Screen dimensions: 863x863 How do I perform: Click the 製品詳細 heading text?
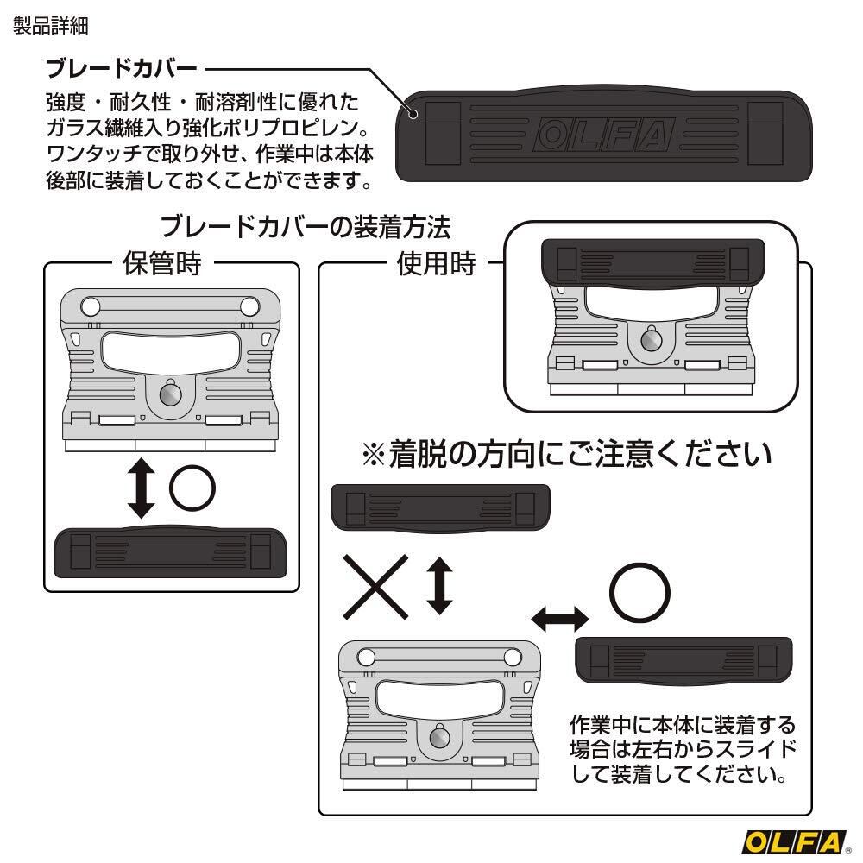(51, 25)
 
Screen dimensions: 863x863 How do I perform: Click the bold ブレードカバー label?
(122, 68)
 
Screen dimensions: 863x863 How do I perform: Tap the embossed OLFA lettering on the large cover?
(604, 135)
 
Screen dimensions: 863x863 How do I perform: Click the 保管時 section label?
(162, 263)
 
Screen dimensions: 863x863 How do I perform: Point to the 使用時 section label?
(436, 263)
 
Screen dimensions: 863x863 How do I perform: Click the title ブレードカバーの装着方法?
(306, 227)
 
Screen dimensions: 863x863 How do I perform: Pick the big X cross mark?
(376, 587)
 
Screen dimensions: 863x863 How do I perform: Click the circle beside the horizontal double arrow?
(639, 593)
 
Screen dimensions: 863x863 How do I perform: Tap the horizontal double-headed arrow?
(560, 619)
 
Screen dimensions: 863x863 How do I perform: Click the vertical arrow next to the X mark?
(440, 586)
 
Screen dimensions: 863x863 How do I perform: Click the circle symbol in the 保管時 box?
(192, 488)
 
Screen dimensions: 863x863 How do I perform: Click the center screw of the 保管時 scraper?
(171, 394)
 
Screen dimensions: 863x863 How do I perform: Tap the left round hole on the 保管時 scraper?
(91, 306)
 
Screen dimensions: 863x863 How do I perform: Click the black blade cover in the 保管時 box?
(170, 552)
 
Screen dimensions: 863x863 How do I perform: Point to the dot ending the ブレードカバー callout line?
(413, 115)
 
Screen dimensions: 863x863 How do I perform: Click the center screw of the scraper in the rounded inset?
(651, 340)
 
